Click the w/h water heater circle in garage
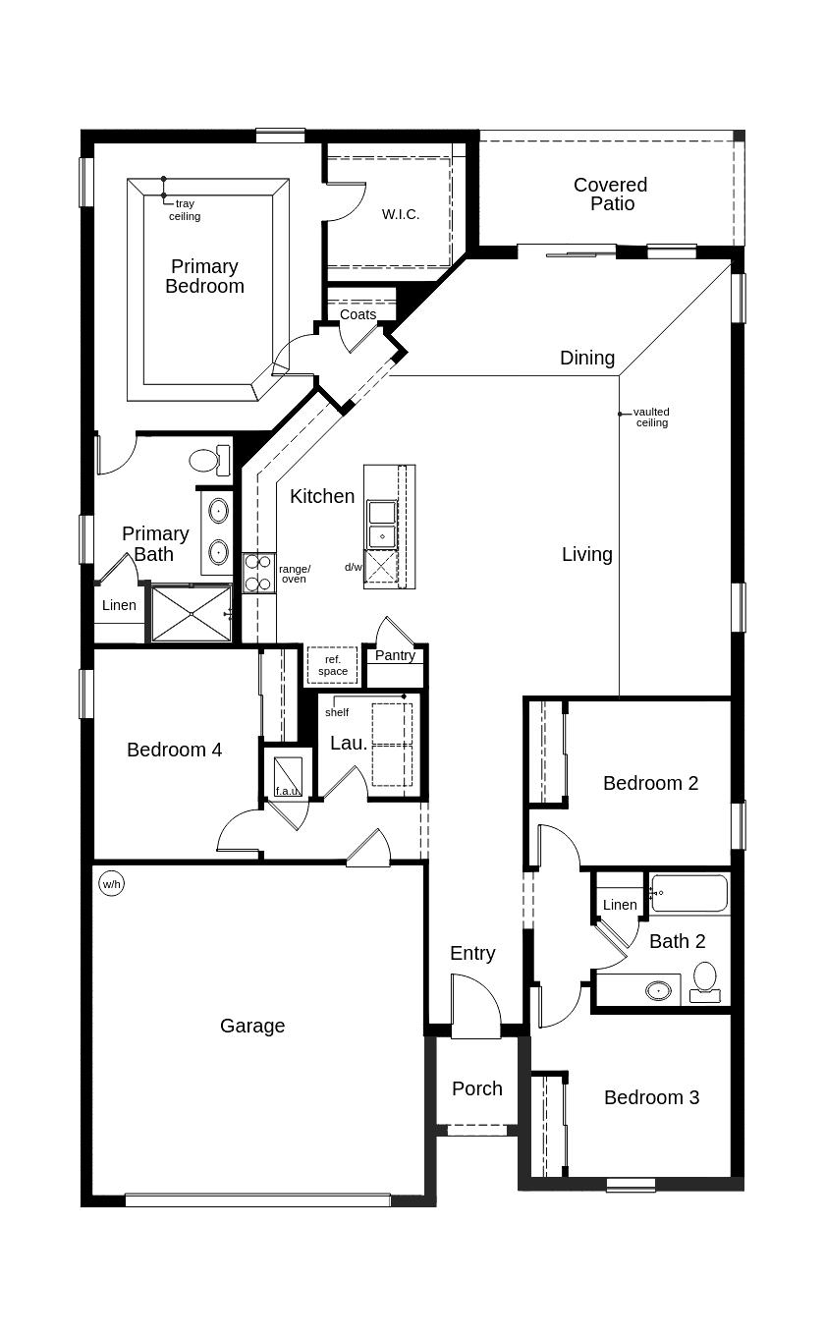[112, 884]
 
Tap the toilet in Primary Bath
[209, 460]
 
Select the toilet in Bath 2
[706, 981]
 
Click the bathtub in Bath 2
[689, 893]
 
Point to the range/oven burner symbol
[259, 573]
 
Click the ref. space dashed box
[332, 665]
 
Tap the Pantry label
[395, 655]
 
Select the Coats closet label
[357, 314]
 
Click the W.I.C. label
[401, 214]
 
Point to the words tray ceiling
[185, 210]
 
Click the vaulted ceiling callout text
[651, 418]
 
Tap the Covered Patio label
[610, 194]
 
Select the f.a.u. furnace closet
[288, 774]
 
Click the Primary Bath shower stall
[191, 614]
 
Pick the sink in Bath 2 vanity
[659, 991]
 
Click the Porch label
[477, 1088]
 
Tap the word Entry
[472, 953]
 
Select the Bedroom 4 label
[174, 750]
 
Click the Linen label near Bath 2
[620, 905]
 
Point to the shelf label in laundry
[337, 712]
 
